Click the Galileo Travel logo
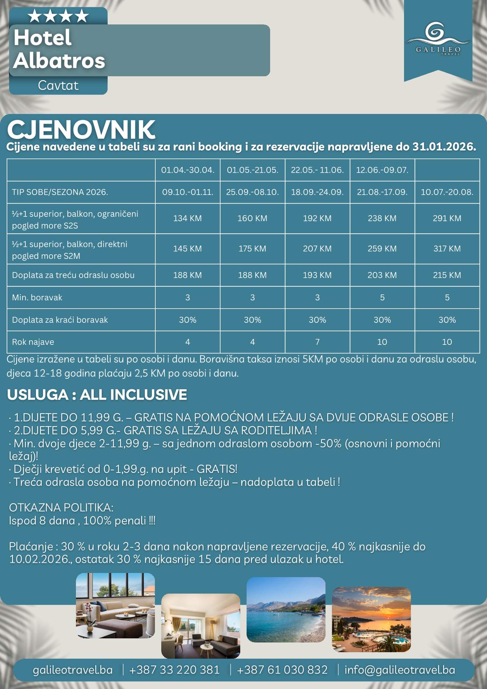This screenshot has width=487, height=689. pos(438,39)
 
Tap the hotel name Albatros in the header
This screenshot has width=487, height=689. pos(59,60)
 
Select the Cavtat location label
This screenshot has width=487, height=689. pos(58,85)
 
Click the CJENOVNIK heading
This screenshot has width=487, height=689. pos(81,130)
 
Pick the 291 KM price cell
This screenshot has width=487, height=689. pos(447,218)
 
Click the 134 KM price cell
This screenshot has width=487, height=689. pos(188,218)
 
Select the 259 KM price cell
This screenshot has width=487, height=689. pos(382,249)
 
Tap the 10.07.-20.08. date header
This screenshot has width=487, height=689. pos(447,192)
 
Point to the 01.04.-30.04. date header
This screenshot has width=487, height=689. pos(188,170)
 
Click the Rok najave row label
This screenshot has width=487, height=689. pos(33,342)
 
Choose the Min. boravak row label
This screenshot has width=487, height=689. pos(37,297)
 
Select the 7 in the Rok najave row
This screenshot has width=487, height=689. pos(317,342)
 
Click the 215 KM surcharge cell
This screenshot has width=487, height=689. pos(447,275)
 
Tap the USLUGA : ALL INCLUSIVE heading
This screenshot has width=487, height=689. pos(97,395)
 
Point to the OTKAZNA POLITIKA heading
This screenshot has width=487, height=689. pos(61,508)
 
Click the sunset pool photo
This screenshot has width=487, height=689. pos(371,619)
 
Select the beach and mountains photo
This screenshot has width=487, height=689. pos(286,609)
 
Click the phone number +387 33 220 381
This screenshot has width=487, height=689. pos(174,669)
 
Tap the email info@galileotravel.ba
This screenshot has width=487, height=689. pos(400,669)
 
